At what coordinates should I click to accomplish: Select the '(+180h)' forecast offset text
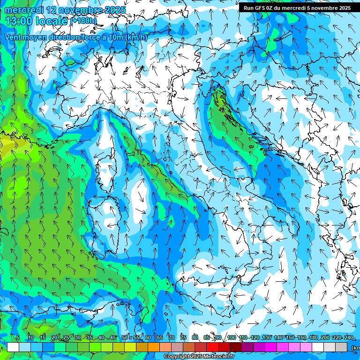[83, 21]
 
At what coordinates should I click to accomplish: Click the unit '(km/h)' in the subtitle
[136, 37]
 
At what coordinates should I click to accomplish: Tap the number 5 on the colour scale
[18, 337]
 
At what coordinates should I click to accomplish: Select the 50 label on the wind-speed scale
[125, 337]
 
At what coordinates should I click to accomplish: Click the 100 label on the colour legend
[231, 337]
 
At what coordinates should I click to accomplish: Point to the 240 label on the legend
[349, 337]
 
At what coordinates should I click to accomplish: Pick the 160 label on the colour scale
[301, 337]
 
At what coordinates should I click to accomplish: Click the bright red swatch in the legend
[212, 347]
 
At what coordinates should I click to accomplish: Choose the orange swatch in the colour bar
[154, 347]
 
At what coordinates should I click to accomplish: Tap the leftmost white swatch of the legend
[13, 347]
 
